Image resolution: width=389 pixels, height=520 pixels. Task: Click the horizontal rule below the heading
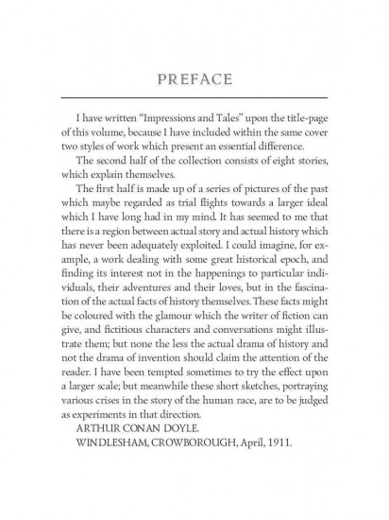click(x=194, y=98)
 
